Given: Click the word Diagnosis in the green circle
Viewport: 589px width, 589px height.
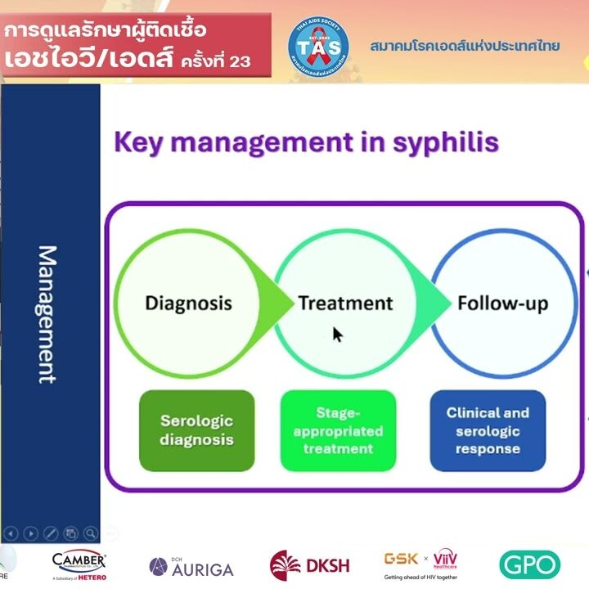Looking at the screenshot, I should click(188, 303).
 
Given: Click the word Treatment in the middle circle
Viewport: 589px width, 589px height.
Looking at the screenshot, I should click(345, 303).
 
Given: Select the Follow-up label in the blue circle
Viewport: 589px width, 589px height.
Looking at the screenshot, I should click(502, 303).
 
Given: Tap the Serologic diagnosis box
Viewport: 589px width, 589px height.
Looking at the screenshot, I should click(196, 430).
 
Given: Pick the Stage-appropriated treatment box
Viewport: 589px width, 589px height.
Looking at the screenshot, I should click(338, 430).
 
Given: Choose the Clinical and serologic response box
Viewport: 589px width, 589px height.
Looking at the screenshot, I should click(488, 430).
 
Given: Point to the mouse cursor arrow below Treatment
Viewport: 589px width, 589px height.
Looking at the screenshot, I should click(337, 334).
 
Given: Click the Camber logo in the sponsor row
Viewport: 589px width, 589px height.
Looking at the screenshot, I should click(79, 564).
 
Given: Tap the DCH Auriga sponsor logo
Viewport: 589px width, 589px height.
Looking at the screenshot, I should click(191, 566).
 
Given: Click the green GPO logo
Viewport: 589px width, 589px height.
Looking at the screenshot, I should click(529, 564).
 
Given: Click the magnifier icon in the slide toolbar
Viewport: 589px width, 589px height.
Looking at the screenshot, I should click(90, 533).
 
